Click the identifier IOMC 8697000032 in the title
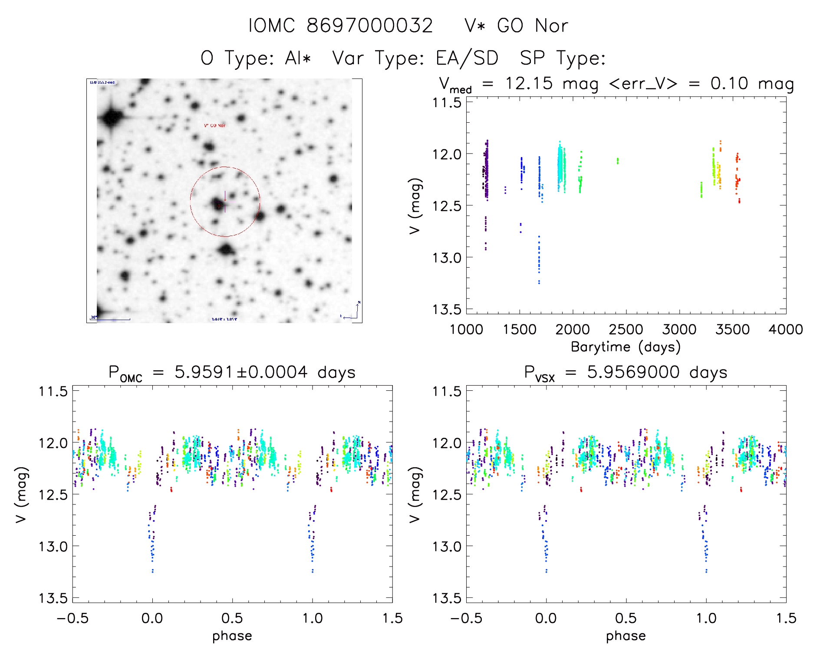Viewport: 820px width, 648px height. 340,26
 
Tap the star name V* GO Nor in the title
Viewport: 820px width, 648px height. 516,26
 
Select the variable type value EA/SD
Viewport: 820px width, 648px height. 467,58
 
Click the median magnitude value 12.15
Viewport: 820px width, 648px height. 529,83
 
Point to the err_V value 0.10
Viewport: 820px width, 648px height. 729,83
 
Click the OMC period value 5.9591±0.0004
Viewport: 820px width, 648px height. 241,372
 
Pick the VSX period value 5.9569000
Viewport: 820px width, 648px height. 633,372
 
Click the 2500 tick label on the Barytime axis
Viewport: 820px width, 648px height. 626,330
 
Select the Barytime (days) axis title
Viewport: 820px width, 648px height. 626,347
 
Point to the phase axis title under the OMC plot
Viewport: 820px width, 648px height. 232,636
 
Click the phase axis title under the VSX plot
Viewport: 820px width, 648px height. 626,636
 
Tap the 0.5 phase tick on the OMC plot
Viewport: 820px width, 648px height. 232,618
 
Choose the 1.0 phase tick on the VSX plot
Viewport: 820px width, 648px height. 706,618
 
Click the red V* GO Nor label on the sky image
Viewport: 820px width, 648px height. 215,125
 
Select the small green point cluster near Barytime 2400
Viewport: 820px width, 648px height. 618,161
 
